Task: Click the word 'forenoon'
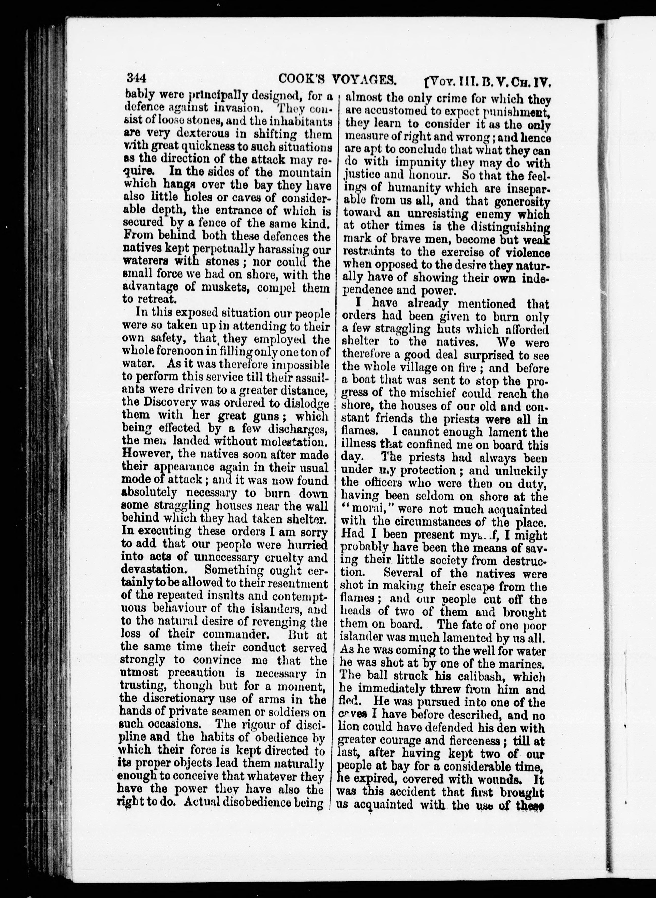172,352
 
